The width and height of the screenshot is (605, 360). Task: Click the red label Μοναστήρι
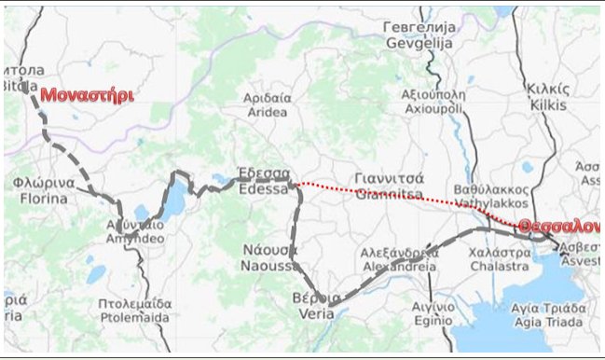86,96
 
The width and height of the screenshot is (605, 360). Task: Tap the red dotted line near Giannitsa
392,197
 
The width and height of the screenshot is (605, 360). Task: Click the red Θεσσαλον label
559,227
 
